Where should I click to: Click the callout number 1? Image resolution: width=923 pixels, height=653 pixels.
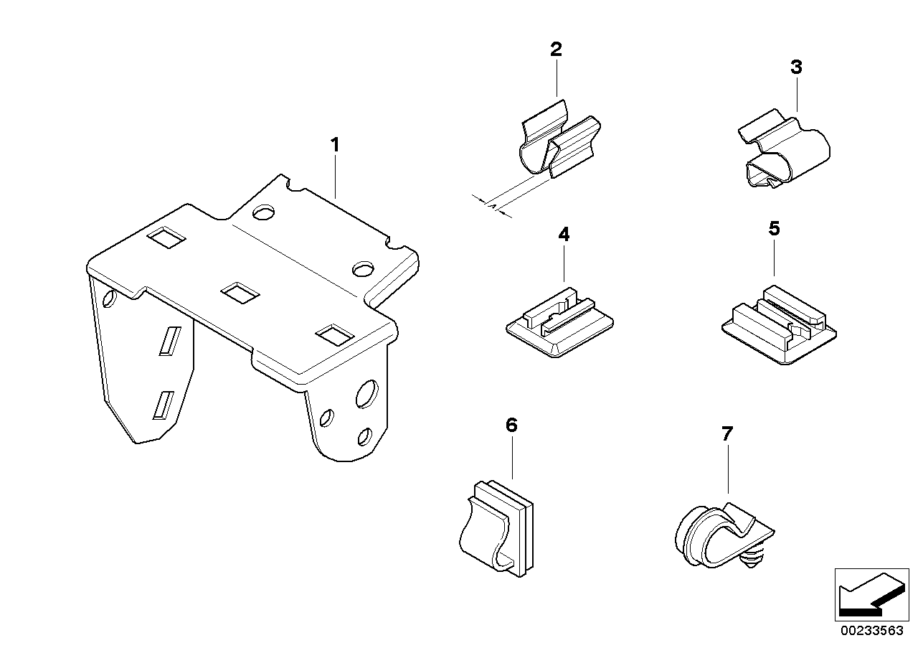tap(334, 145)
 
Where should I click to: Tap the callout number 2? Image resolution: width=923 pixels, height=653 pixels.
tap(556, 50)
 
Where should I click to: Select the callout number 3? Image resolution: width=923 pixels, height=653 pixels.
tap(796, 67)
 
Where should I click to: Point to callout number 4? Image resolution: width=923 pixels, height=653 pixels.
tap(564, 234)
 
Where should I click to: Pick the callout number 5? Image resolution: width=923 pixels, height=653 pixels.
tap(774, 229)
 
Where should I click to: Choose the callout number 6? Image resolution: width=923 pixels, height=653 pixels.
tap(511, 426)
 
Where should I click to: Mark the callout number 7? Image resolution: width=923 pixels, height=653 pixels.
tap(727, 433)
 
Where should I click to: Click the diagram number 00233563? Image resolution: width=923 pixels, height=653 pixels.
tap(873, 632)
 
